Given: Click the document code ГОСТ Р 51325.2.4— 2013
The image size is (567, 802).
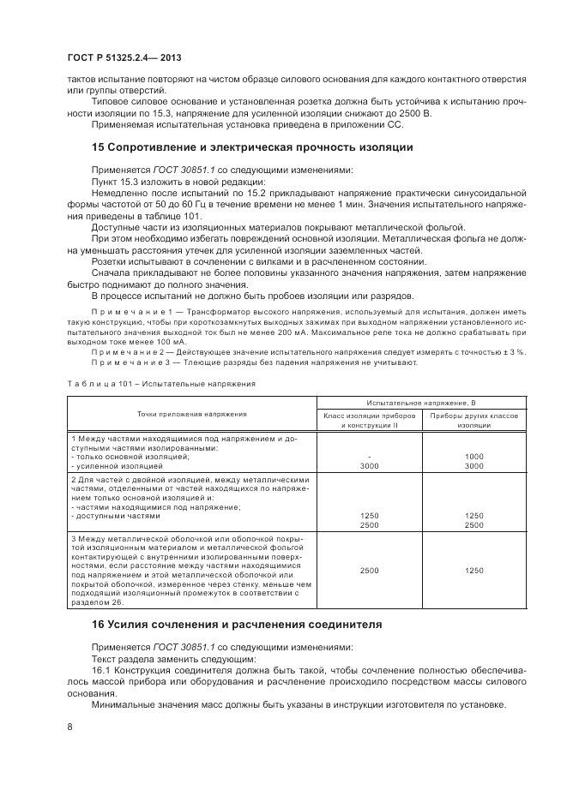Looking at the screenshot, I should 124,57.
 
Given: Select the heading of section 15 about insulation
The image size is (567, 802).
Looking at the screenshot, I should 252,147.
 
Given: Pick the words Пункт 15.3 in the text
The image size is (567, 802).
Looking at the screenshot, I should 118,182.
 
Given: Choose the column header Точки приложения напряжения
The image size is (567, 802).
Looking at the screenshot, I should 190,413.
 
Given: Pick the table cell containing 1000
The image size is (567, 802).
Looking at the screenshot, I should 474,457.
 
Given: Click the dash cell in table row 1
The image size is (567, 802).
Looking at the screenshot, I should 369,457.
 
